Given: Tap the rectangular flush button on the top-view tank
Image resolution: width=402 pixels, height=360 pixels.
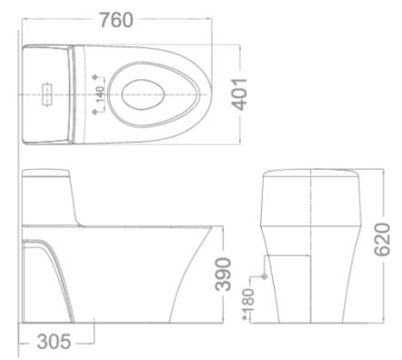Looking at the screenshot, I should point(44,92).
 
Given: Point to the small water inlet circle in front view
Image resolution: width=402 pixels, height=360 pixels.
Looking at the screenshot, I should point(264,275).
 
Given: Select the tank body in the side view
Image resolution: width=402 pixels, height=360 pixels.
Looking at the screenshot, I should point(50,205).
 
